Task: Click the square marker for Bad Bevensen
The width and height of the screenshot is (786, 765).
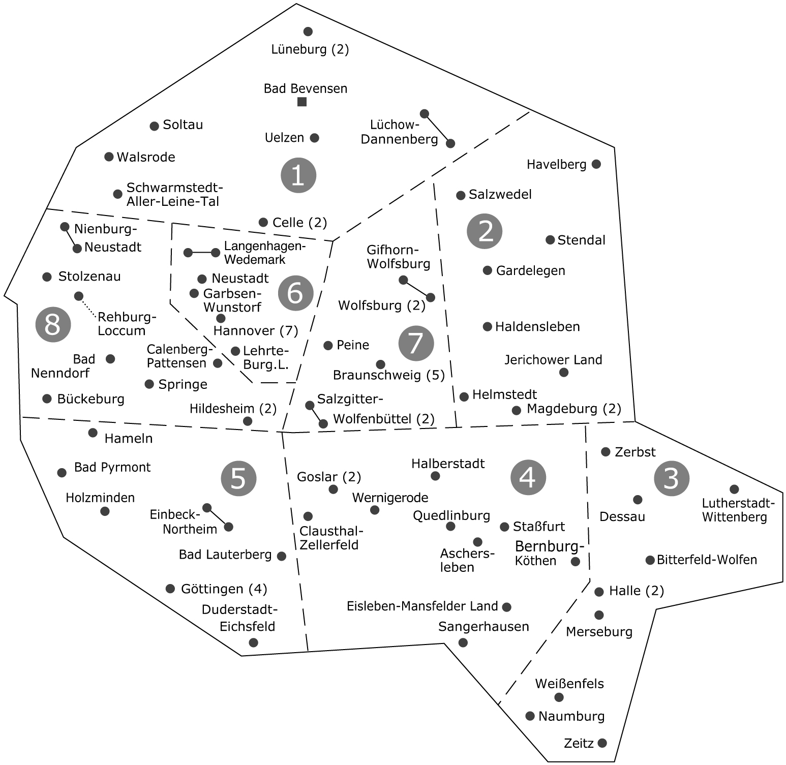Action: tap(302, 102)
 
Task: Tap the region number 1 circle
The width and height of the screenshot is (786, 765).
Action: tap(298, 176)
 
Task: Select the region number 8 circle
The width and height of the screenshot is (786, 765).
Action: tap(53, 324)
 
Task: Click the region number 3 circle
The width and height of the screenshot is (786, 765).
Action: tap(672, 478)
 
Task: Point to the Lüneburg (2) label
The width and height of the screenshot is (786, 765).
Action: tap(310, 49)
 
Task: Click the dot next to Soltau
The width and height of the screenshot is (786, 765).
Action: tap(155, 126)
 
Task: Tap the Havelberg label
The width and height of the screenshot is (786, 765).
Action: tap(556, 164)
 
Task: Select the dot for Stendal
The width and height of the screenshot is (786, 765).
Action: tap(550, 240)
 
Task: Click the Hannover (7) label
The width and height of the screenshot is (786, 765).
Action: tap(256, 331)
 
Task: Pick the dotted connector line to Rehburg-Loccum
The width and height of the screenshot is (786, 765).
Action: tap(87, 307)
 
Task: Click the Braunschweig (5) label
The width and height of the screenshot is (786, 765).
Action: tap(388, 375)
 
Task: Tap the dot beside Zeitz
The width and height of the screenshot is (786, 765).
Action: tap(602, 743)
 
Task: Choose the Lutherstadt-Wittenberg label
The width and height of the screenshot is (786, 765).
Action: tap(738, 510)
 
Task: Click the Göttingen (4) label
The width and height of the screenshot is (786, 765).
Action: tap(224, 589)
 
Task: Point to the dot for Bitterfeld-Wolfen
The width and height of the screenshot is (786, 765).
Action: tap(650, 560)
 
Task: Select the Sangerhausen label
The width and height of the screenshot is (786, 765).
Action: tap(483, 627)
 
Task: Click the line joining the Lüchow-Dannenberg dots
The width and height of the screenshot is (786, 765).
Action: tap(437, 129)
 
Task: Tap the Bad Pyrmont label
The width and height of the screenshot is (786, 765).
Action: tap(112, 467)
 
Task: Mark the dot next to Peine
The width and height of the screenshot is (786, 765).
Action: tap(328, 346)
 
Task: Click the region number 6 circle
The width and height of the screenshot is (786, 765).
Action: tap(296, 293)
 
